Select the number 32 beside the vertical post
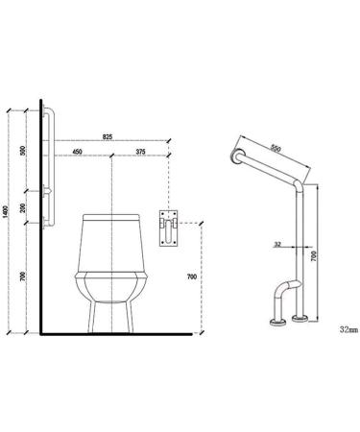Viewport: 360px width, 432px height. point(276,243)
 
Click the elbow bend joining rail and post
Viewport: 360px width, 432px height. point(300,181)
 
